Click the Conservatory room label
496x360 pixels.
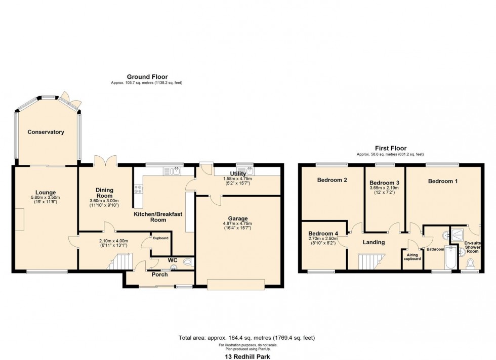click(x=46, y=132)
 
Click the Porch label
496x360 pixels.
click(x=160, y=275)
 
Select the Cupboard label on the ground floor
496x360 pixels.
click(x=160, y=238)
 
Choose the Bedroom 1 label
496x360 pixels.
click(x=443, y=181)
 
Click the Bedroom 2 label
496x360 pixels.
click(x=332, y=180)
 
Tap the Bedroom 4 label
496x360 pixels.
click(x=323, y=233)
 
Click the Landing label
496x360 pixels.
click(x=374, y=242)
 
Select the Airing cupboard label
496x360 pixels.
click(x=412, y=256)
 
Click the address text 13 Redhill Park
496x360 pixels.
click(x=247, y=356)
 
